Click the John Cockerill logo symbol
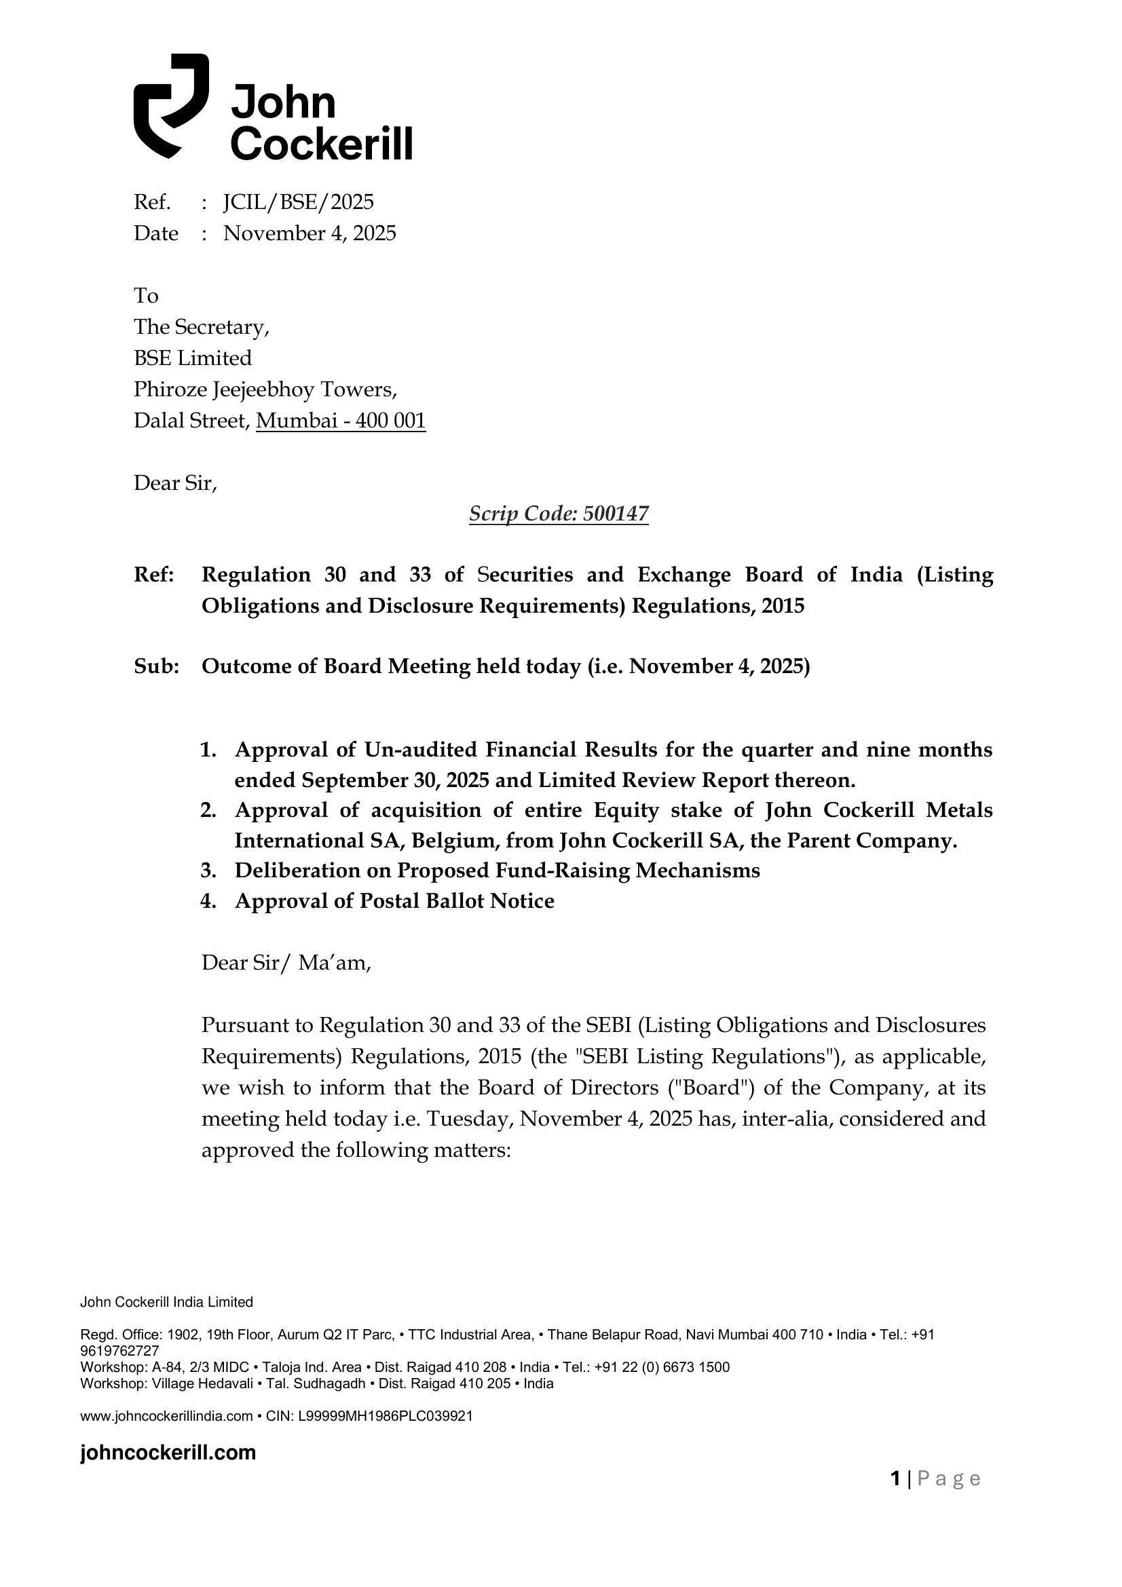(x=170, y=105)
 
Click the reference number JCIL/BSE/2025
(x=298, y=202)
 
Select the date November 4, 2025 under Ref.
(x=309, y=233)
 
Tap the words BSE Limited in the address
(x=193, y=358)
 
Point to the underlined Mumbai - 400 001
(x=340, y=421)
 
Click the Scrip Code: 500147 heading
(x=559, y=514)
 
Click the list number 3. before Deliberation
(x=209, y=871)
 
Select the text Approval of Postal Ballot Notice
(x=394, y=901)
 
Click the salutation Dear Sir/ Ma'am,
(x=286, y=963)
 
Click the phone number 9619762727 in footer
(x=119, y=1351)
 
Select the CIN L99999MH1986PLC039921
(x=385, y=1416)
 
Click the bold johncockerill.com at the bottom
(x=168, y=1453)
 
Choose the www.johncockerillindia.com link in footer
(x=166, y=1416)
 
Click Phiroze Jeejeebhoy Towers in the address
(x=265, y=390)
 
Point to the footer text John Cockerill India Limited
(x=166, y=1302)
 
